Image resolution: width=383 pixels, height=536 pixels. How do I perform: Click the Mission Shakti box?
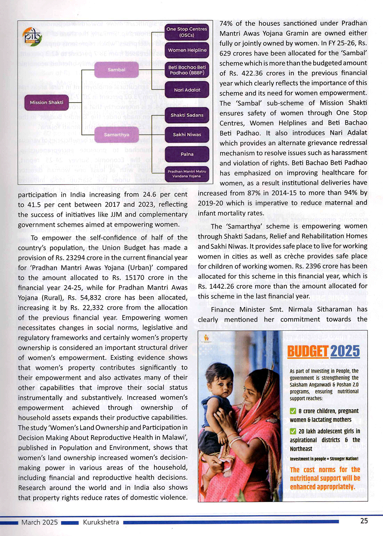(46, 103)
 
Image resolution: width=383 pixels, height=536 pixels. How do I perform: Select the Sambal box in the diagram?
(116, 70)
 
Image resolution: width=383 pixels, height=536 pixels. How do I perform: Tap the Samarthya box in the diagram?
(116, 135)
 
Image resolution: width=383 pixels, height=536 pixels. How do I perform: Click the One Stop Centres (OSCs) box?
(187, 32)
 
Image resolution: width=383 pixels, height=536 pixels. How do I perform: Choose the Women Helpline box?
(187, 50)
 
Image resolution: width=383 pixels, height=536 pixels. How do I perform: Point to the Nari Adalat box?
(187, 90)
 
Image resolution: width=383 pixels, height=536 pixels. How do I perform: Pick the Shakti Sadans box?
(187, 115)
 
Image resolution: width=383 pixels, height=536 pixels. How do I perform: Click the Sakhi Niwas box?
(187, 134)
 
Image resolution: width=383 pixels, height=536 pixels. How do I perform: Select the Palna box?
(187, 154)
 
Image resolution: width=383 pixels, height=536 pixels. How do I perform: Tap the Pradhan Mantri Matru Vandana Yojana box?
(187, 174)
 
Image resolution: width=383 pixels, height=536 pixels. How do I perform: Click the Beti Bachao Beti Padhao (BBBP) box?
(187, 70)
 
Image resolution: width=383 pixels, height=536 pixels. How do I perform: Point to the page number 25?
(364, 521)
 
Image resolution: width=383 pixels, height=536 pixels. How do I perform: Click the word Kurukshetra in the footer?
(101, 522)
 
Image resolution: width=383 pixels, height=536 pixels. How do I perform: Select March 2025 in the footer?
(39, 522)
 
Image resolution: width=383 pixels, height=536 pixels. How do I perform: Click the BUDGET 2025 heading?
(324, 351)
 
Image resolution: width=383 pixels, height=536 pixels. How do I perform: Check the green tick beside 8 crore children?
(293, 411)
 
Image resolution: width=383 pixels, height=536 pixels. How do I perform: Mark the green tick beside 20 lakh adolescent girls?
(293, 431)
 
